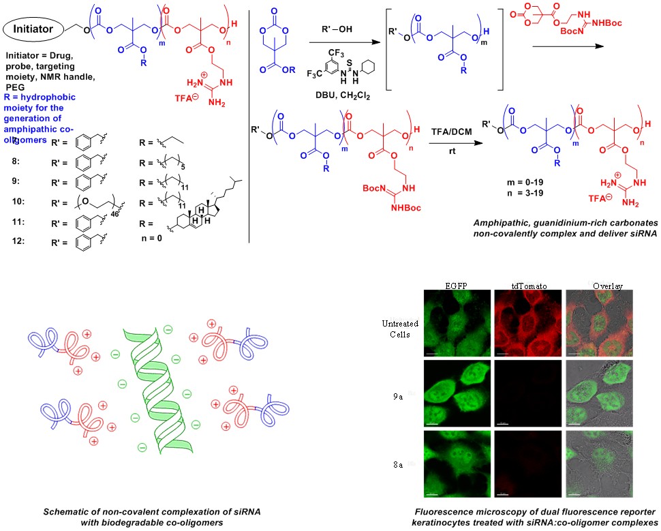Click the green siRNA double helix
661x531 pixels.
tap(150, 395)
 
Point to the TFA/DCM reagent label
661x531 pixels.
tap(443, 128)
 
